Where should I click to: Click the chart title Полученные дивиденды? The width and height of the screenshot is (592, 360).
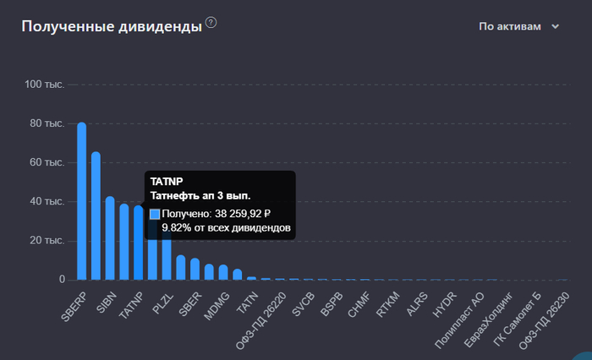point(111,26)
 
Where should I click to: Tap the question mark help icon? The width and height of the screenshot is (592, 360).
point(211,22)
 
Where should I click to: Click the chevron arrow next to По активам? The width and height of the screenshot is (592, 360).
point(556,26)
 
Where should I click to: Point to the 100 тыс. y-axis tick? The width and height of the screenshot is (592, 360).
point(45,85)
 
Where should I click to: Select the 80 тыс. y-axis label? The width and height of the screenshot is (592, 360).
point(48,123)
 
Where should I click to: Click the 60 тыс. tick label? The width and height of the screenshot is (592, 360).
point(48,162)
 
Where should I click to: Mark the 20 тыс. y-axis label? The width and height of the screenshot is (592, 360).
point(48,240)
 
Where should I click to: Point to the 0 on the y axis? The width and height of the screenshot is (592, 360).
point(62,279)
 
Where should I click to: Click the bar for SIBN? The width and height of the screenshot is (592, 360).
point(110,240)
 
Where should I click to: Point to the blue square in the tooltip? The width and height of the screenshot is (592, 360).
point(155,215)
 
